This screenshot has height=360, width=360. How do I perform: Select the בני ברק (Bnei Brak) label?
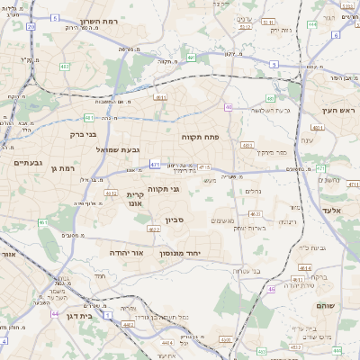(62, 134)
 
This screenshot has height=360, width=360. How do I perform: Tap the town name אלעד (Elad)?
(335, 209)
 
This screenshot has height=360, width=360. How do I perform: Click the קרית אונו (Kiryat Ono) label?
(136, 199)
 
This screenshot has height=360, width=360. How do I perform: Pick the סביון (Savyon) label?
(175, 219)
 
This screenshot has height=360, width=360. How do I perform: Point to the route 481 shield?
(88, 117)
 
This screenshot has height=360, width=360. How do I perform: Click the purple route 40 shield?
(229, 107)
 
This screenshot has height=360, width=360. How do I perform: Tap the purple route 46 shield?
(271, 289)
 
